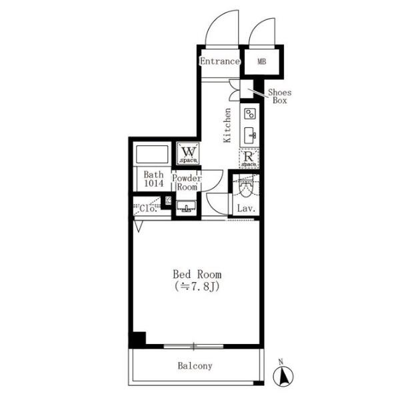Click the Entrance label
[220, 61]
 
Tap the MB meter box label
[262, 61]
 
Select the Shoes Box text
[280, 96]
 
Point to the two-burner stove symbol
[250, 114]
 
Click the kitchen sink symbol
[250, 135]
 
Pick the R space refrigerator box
[249, 159]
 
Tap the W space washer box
[189, 153]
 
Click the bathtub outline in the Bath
[152, 155]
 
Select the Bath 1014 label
[153, 179]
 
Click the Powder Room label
[187, 183]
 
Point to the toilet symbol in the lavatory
[245, 187]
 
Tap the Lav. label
[246, 209]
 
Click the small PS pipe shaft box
[169, 200]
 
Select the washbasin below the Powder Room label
[186, 207]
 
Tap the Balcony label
[195, 366]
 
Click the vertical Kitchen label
[227, 125]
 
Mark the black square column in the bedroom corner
[139, 339]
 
